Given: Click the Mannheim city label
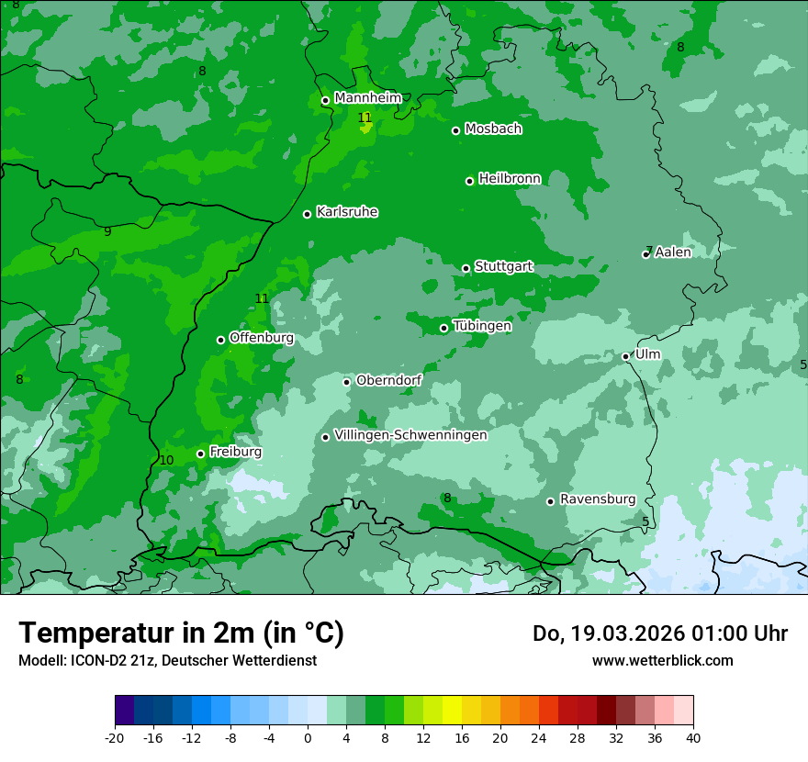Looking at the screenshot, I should (x=367, y=98).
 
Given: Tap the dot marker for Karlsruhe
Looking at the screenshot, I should (x=307, y=215).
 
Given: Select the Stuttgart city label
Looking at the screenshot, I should (x=503, y=267).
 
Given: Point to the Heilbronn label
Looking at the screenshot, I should (x=510, y=179).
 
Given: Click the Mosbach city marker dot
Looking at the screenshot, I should (x=455, y=130).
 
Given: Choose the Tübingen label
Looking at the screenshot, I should (x=482, y=326).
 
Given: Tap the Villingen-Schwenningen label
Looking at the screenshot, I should (x=410, y=435).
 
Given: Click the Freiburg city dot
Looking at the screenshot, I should (x=200, y=454).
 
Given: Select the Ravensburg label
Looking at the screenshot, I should (x=598, y=499).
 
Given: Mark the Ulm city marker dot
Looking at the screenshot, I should (x=625, y=357).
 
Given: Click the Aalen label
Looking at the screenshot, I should (x=673, y=252).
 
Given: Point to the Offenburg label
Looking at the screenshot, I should (x=262, y=338).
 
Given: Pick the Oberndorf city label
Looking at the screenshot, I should (x=388, y=380).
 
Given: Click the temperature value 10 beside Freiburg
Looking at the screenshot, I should (x=166, y=461).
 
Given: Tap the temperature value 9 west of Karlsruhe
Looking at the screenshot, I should (x=107, y=231).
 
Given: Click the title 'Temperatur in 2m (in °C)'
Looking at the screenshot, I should (x=181, y=633).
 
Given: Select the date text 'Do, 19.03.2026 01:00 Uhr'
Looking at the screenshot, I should (x=659, y=633).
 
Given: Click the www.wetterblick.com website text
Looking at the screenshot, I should (x=662, y=660).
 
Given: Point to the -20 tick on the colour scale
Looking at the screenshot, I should (x=115, y=738).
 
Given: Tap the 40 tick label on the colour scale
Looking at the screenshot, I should (x=692, y=738).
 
